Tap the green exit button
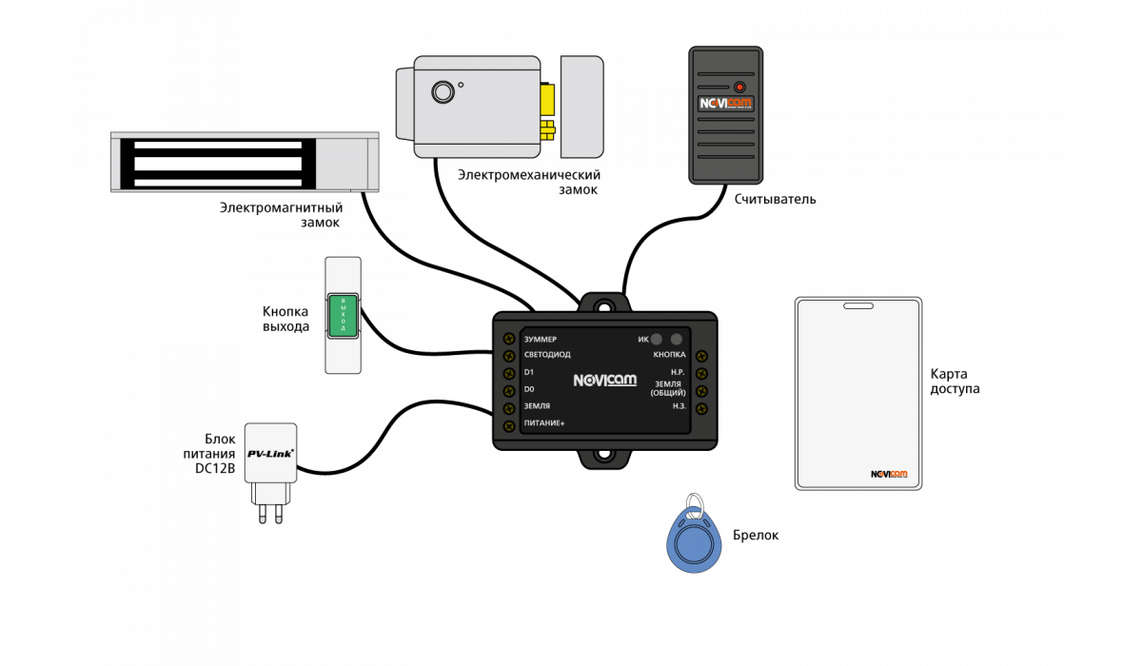point(344,315)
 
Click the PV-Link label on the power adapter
point(270,453)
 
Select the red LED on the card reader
point(739,87)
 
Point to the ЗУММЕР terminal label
point(541,339)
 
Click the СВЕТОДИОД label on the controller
point(547,355)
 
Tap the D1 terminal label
point(529,372)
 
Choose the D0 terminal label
point(529,389)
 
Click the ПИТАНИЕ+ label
point(544,422)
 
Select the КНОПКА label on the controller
point(669,355)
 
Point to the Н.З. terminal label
point(679,406)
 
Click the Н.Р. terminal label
point(679,372)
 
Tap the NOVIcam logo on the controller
point(604,381)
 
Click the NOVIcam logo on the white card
point(889,474)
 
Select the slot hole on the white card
point(857,306)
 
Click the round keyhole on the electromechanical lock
point(443,92)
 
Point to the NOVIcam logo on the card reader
point(725,103)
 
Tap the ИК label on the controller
point(642,339)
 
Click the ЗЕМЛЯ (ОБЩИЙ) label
point(668,388)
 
